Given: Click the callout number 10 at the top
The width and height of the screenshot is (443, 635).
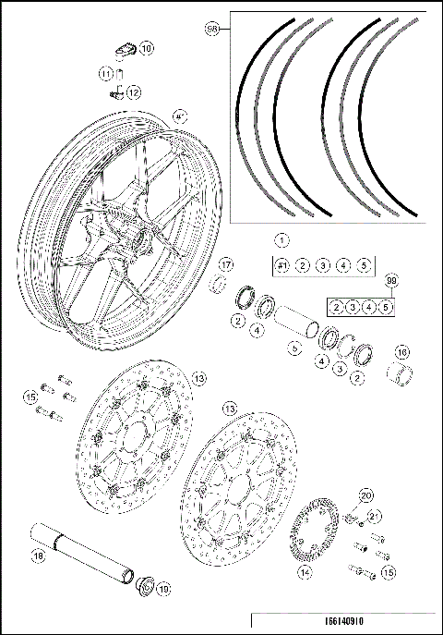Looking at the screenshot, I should pyautogui.click(x=148, y=46).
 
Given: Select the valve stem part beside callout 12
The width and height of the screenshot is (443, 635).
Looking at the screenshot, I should pyautogui.click(x=115, y=92).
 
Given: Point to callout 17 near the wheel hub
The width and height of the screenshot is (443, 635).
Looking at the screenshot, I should pyautogui.click(x=226, y=265).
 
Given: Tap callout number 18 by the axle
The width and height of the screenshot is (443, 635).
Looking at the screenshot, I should pyautogui.click(x=38, y=556).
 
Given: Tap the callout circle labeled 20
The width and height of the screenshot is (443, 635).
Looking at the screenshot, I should pyautogui.click(x=365, y=496).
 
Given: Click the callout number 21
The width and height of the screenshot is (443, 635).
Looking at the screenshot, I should pyautogui.click(x=374, y=516).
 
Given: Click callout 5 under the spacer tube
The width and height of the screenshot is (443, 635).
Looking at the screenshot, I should pyautogui.click(x=294, y=348).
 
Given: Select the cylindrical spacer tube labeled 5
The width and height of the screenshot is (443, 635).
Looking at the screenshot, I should pyautogui.click(x=297, y=324).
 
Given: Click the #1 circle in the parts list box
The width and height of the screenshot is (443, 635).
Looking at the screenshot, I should pyautogui.click(x=283, y=265).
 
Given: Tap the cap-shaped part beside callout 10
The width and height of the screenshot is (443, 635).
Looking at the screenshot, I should pyautogui.click(x=126, y=48).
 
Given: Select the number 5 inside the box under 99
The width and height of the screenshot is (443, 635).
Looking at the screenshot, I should pyautogui.click(x=386, y=306).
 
